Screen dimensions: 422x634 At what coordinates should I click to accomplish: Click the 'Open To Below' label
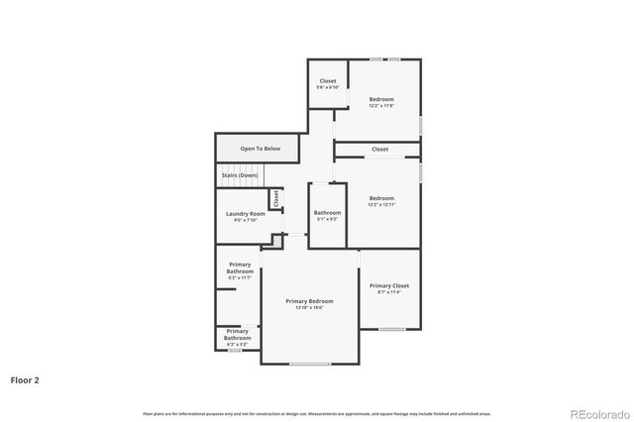point(260,149)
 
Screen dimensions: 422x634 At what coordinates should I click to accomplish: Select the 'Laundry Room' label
point(245,214)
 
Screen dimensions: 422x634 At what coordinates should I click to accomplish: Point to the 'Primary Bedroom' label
point(309,301)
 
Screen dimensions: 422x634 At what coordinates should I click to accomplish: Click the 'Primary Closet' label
point(388,285)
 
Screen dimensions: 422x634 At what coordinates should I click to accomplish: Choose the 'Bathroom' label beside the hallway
point(327,213)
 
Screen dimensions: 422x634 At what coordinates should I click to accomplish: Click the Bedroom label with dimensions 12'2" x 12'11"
point(381,198)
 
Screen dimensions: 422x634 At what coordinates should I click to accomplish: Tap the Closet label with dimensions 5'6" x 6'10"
point(328,81)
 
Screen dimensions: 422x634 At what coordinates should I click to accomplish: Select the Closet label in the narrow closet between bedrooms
point(380,150)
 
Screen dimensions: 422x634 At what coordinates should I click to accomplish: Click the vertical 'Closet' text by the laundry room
point(276,199)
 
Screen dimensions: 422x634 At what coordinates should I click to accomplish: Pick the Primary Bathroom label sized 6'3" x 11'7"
point(240,267)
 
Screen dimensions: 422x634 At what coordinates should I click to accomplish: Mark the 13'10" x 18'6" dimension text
point(309,308)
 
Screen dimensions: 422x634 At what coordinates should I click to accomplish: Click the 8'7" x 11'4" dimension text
point(388,292)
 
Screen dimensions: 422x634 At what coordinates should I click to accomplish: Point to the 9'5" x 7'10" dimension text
point(245,221)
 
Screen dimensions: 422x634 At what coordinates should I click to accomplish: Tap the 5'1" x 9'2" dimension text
point(327,220)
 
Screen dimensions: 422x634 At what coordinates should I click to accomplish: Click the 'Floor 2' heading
point(25,379)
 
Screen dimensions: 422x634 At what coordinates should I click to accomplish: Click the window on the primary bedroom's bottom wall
point(310,364)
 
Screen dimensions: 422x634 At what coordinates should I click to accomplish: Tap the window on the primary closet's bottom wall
point(392,329)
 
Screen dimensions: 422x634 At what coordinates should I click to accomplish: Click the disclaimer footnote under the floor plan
point(316,413)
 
